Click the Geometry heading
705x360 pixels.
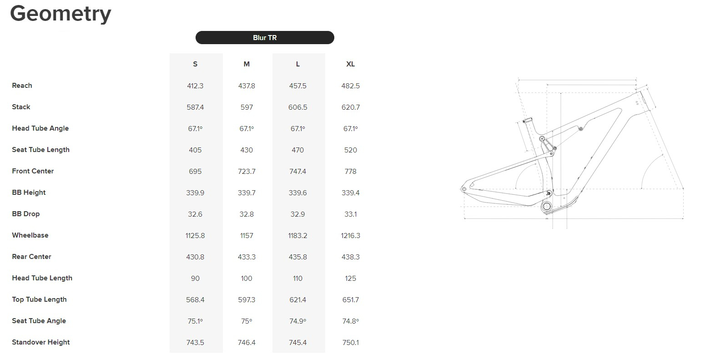pos(61,14)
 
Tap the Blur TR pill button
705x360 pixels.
pos(265,37)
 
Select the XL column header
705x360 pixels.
pos(350,64)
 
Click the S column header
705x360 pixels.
pos(195,64)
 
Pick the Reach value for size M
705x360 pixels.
pos(247,86)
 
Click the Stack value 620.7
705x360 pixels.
pos(350,107)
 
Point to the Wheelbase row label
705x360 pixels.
pos(30,235)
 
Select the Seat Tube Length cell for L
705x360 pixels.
pos(298,150)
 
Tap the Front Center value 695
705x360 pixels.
pos(195,171)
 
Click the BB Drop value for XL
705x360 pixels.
pos(350,214)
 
